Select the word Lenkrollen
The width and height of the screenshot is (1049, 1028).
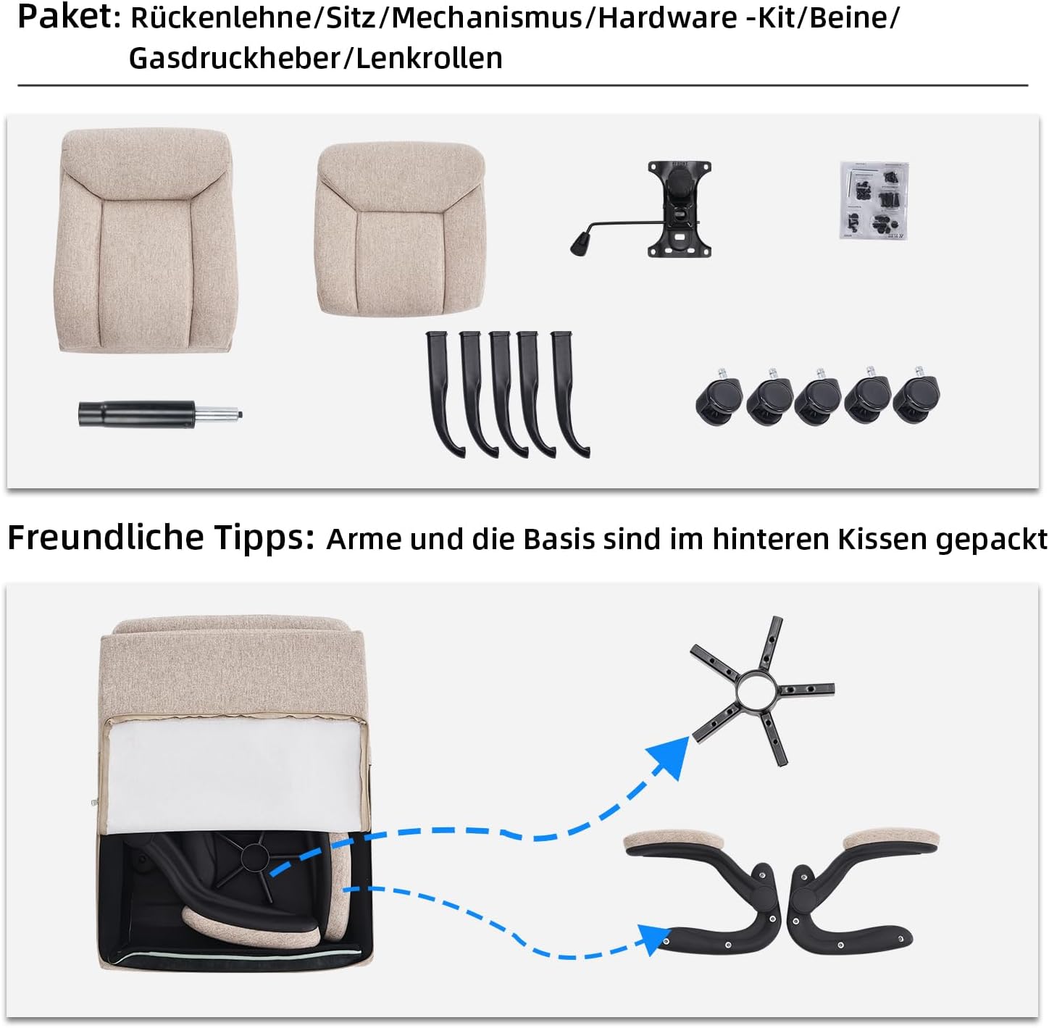pyautogui.click(x=429, y=58)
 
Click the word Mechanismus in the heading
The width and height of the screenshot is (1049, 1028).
pyautogui.click(x=487, y=18)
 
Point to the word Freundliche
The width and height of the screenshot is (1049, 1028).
pyautogui.click(x=106, y=537)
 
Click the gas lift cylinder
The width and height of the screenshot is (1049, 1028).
pyautogui.click(x=160, y=414)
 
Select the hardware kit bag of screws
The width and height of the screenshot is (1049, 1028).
pyautogui.click(x=874, y=201)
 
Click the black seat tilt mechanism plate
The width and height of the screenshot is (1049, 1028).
pyautogui.click(x=679, y=209)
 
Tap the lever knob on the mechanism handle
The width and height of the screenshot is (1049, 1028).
pyautogui.click(x=580, y=243)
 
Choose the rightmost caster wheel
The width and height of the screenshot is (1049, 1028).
pyautogui.click(x=916, y=396)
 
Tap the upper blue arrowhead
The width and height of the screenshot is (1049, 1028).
pyautogui.click(x=669, y=755)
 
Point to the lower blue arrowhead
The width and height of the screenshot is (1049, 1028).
pyautogui.click(x=653, y=939)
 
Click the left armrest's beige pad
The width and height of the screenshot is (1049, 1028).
pyautogui.click(x=675, y=841)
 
